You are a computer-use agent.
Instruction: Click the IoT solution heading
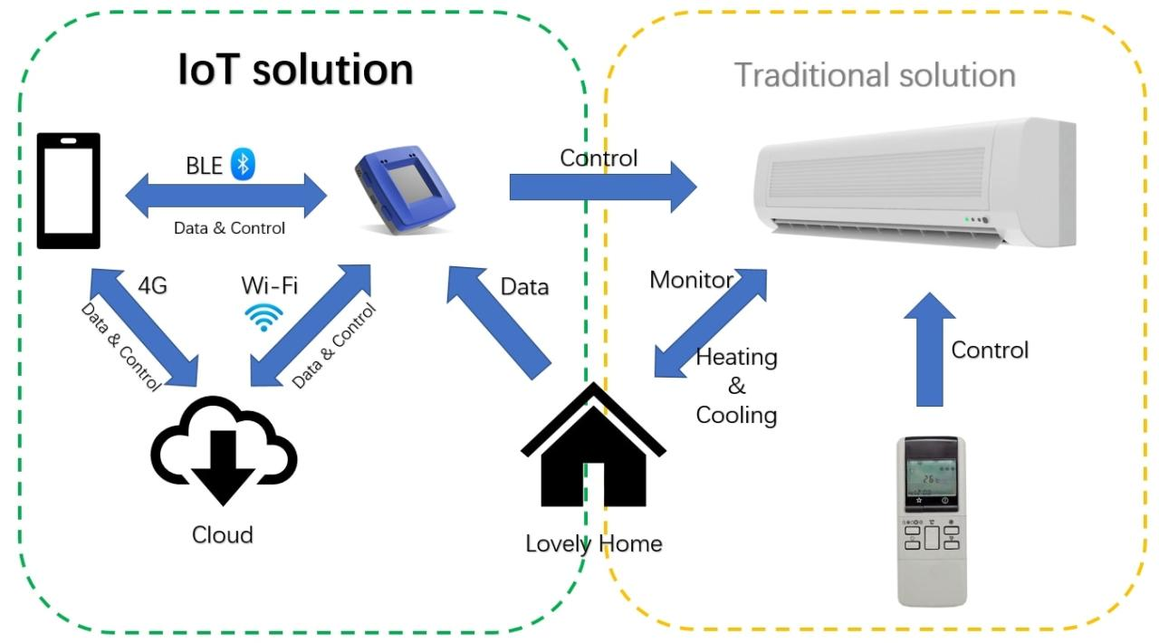pyautogui.click(x=295, y=71)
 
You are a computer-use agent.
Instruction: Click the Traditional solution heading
pyautogui.click(x=874, y=74)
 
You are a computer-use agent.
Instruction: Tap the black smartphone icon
pyautogui.click(x=68, y=191)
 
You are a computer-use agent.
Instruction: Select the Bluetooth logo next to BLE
pyautogui.click(x=243, y=163)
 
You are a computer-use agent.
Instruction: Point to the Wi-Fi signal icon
pyautogui.click(x=264, y=317)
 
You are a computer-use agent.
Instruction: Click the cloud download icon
pyautogui.click(x=222, y=451)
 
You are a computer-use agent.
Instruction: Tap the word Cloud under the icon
pyautogui.click(x=222, y=535)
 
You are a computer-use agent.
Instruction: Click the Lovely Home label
pyautogui.click(x=593, y=544)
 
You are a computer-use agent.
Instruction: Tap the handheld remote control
pyautogui.click(x=931, y=522)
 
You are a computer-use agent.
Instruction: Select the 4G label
pyautogui.click(x=151, y=287)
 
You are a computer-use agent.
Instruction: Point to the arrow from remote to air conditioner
pyautogui.click(x=929, y=349)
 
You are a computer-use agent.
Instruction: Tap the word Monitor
pyautogui.click(x=690, y=280)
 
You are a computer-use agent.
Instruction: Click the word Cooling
pyautogui.click(x=736, y=416)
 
